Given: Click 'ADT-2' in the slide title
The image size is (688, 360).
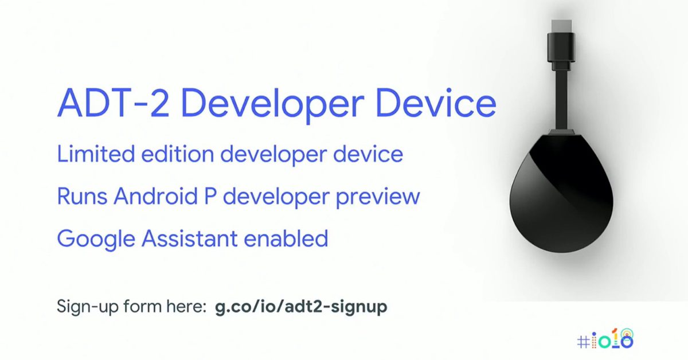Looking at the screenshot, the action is click(113, 103).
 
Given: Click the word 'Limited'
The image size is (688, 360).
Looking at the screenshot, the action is click(96, 154).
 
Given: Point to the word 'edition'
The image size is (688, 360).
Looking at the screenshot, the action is click(178, 154).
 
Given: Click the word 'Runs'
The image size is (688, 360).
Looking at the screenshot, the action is click(82, 196).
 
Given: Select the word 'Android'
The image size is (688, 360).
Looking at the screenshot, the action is click(156, 195).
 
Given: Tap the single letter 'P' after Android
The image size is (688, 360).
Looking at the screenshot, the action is click(210, 195).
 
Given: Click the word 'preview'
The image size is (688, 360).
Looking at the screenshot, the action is click(378, 198).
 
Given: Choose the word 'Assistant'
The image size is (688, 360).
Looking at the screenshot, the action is click(190, 238).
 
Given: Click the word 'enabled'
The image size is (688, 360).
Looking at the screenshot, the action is click(286, 238).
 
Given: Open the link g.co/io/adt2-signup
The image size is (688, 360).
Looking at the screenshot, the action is click(301, 307).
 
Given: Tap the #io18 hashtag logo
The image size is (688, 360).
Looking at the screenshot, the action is click(605, 339).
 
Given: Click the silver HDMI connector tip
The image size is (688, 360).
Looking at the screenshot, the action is click(561, 26).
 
